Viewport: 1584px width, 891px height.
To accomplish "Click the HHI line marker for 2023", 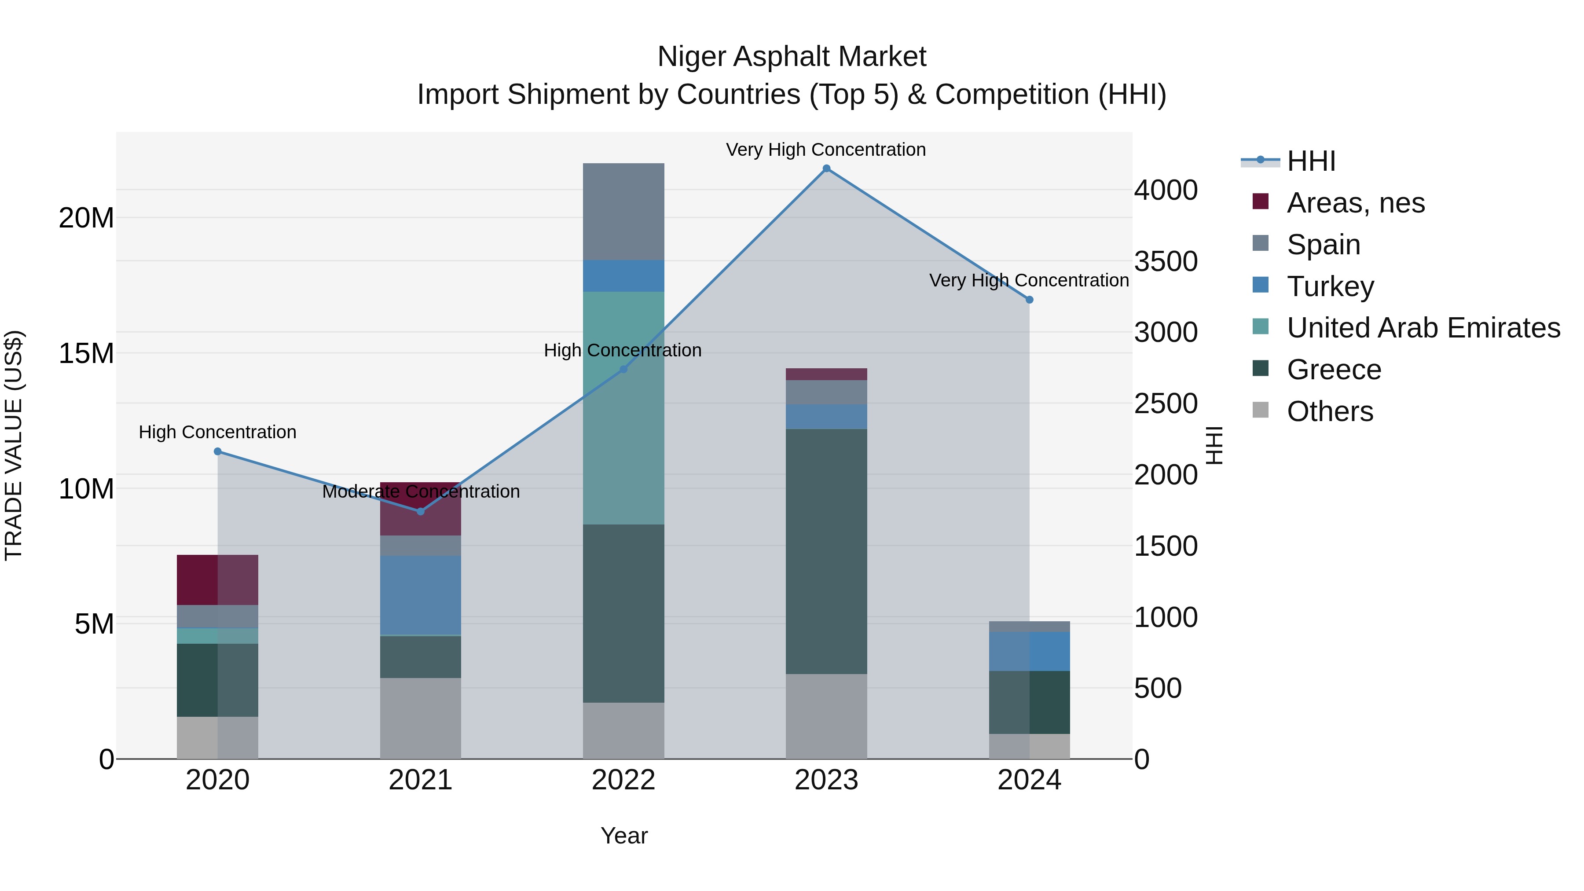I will [x=826, y=169].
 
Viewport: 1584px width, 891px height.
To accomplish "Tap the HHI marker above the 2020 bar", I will [x=218, y=451].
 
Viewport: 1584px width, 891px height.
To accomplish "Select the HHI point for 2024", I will [x=1029, y=300].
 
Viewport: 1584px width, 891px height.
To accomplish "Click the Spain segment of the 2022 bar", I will [x=623, y=212].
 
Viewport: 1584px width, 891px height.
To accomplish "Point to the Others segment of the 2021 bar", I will [x=421, y=718].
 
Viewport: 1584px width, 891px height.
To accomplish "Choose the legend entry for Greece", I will [x=1333, y=370].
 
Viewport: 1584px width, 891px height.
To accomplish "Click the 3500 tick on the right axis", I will [x=1165, y=261].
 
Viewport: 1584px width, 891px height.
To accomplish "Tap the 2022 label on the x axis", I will [x=623, y=780].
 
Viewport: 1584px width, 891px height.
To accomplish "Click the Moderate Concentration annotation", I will [x=421, y=491].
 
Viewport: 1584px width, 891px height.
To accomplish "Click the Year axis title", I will [x=623, y=836].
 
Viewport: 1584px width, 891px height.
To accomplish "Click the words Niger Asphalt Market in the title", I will [x=792, y=57].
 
